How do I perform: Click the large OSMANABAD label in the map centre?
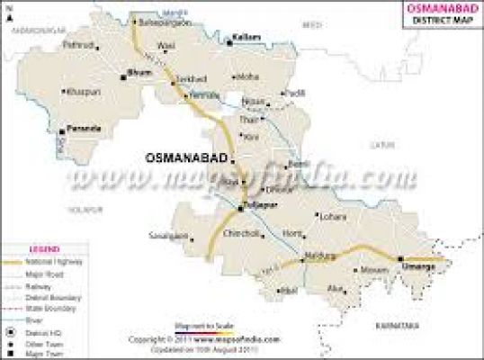184,157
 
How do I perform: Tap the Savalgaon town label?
170,237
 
